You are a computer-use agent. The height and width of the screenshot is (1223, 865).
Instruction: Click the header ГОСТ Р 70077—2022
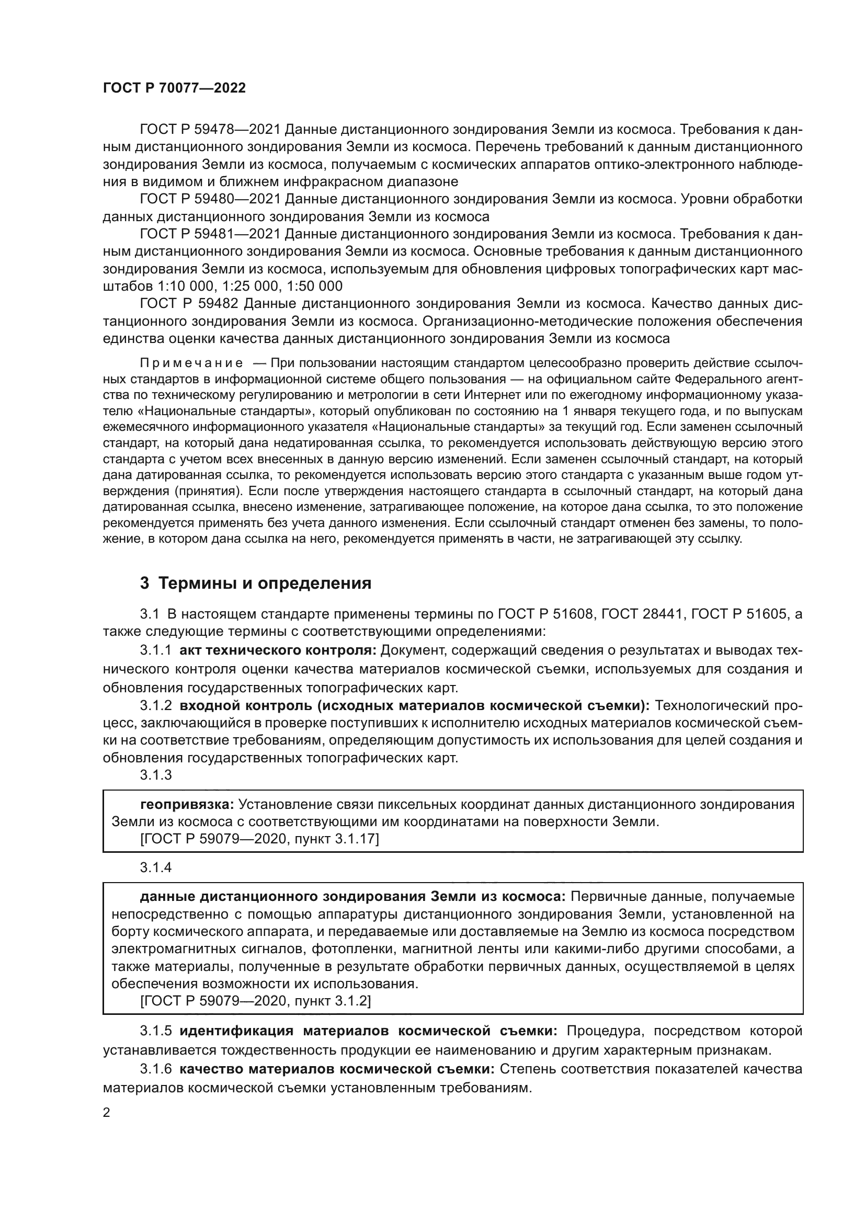tap(174, 88)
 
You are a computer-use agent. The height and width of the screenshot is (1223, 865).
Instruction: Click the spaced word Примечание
tap(191, 364)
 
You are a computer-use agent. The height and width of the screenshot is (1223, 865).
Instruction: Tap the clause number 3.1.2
tap(156, 706)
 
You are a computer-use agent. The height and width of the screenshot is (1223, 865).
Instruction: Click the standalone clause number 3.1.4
tap(156, 868)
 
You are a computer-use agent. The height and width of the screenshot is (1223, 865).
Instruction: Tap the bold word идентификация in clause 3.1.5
tap(236, 1031)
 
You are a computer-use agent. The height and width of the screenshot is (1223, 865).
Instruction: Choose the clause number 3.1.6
tap(156, 1069)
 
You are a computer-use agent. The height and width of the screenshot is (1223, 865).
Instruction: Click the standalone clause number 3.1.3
tap(156, 775)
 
